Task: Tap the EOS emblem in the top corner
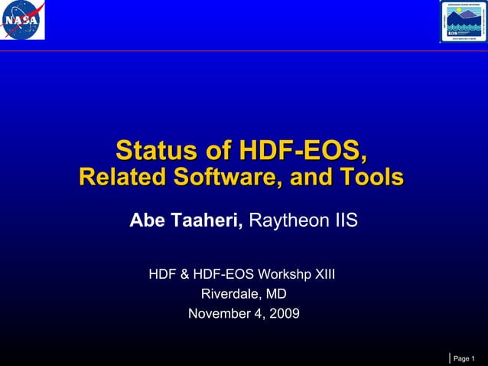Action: [464, 21]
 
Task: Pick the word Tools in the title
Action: [372, 178]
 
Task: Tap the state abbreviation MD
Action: [276, 293]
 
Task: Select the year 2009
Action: [284, 313]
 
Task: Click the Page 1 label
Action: [464, 358]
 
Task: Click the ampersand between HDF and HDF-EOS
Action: [184, 273]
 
